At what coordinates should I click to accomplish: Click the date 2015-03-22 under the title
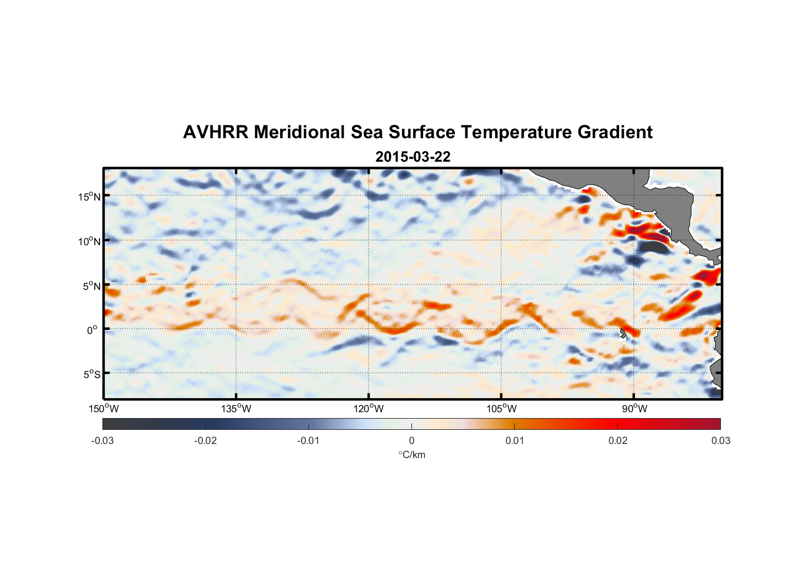(x=413, y=157)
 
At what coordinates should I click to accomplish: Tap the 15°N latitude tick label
(x=89, y=196)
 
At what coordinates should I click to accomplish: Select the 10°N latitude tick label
(x=89, y=241)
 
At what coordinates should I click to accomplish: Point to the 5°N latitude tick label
(x=91, y=286)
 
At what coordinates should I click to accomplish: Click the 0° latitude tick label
(x=92, y=330)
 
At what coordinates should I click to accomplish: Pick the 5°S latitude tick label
(x=91, y=375)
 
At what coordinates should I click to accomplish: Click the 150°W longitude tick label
(x=104, y=409)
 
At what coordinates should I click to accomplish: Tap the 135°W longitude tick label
(x=236, y=409)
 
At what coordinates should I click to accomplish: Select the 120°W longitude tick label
(x=369, y=409)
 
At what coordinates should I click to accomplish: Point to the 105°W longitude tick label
(x=501, y=409)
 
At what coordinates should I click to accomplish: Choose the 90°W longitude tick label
(x=634, y=409)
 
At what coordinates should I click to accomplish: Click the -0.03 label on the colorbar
(x=102, y=440)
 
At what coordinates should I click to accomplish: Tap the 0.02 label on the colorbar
(x=617, y=440)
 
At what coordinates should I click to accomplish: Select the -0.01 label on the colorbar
(x=308, y=440)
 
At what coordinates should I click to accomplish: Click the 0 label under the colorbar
(x=411, y=440)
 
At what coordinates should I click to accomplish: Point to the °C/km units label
(x=411, y=455)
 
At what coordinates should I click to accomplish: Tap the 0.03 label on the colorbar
(x=720, y=440)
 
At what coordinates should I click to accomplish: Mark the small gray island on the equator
(x=623, y=333)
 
